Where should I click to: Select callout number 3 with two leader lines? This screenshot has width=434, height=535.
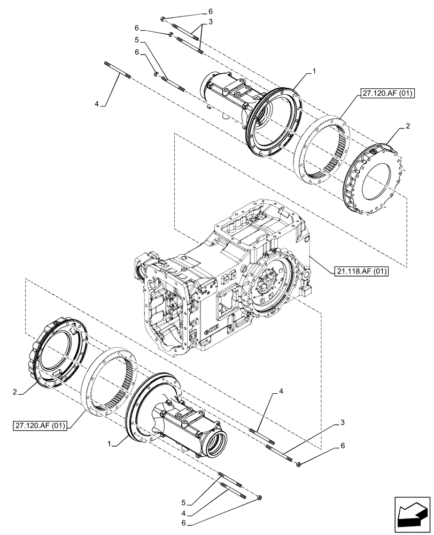click(x=211, y=21)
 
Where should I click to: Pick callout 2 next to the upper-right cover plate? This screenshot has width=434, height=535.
click(x=408, y=127)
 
